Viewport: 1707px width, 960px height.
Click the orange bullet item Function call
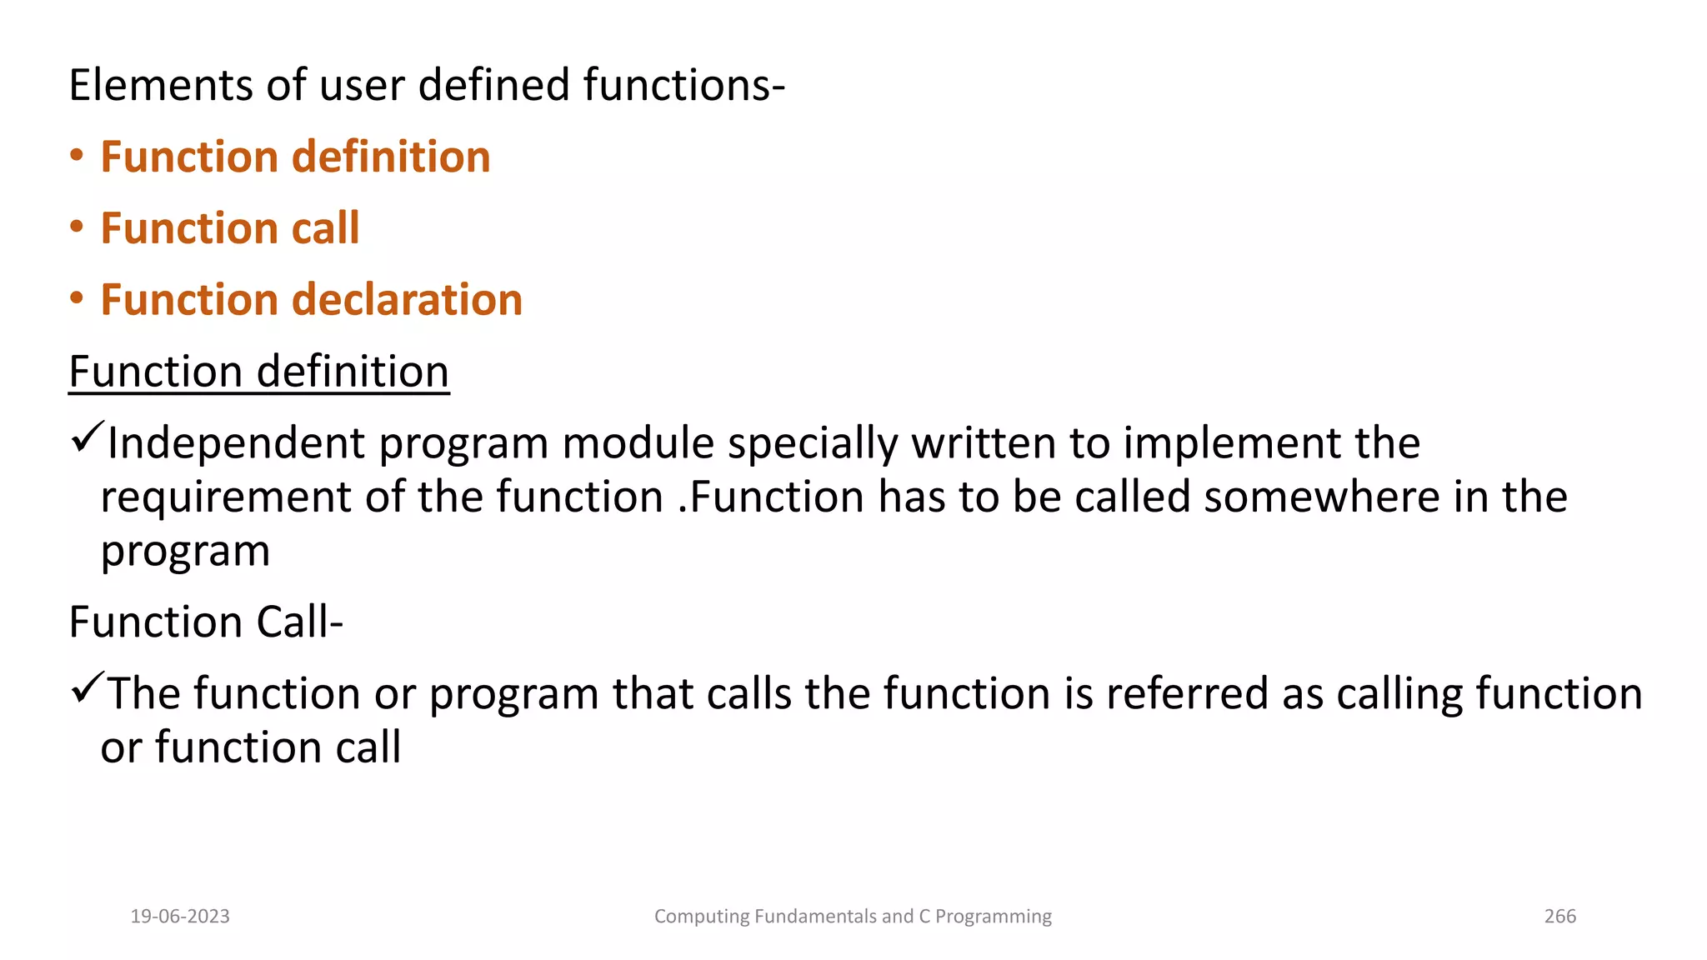(x=229, y=228)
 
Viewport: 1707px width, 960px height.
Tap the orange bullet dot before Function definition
(x=77, y=157)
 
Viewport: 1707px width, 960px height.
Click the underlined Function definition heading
(x=258, y=372)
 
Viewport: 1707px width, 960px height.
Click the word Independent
(x=236, y=443)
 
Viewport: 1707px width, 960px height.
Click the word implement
(x=1231, y=443)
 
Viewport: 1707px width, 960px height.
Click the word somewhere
(x=1321, y=497)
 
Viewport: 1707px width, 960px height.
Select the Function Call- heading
(x=206, y=622)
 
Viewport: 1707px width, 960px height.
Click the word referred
(x=1187, y=693)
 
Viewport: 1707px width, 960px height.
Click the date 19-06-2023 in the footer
(x=180, y=917)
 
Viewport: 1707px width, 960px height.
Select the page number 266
(x=1559, y=917)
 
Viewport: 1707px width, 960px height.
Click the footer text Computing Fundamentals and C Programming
(x=853, y=917)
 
